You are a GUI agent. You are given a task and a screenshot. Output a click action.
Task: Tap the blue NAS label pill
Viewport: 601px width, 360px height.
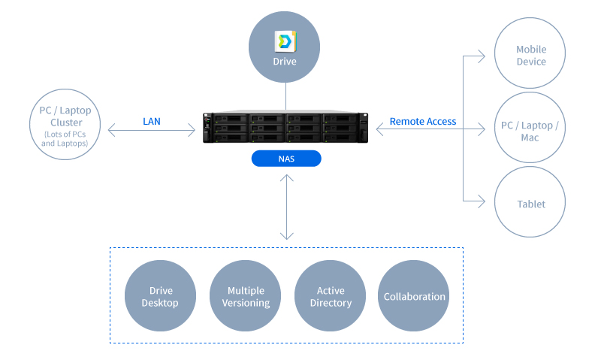pyautogui.click(x=285, y=159)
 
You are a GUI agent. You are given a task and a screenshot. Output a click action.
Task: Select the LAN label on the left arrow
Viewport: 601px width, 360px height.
pyautogui.click(x=152, y=121)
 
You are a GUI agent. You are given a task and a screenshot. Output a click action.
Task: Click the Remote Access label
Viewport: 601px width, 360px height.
pyautogui.click(x=423, y=121)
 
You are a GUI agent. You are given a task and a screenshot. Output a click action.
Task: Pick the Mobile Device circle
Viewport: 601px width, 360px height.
pyautogui.click(x=530, y=55)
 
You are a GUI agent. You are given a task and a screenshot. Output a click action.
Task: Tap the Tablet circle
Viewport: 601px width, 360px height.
pyautogui.click(x=530, y=204)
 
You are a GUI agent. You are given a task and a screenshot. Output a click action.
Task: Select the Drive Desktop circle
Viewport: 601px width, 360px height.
pyautogui.click(x=160, y=296)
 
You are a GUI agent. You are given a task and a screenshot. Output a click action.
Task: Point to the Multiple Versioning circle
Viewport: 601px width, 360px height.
pyautogui.click(x=245, y=296)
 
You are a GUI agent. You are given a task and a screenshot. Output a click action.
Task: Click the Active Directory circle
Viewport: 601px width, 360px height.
pyautogui.click(x=330, y=296)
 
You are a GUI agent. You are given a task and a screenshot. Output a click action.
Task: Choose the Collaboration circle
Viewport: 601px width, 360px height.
pyautogui.click(x=415, y=296)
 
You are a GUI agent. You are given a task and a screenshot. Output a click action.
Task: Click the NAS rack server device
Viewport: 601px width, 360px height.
pyautogui.click(x=285, y=128)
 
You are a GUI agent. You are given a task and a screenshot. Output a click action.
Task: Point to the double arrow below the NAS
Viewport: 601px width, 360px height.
pyautogui.click(x=285, y=207)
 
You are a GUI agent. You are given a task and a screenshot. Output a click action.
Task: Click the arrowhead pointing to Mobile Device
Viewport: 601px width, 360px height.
pyautogui.click(x=482, y=55)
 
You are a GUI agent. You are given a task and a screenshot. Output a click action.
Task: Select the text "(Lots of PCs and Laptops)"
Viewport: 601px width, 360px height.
pyautogui.click(x=65, y=139)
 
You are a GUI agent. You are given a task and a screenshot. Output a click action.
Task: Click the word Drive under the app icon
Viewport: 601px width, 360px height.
pyautogui.click(x=285, y=61)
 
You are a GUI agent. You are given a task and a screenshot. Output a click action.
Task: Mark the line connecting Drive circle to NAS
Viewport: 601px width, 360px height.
pyautogui.click(x=285, y=96)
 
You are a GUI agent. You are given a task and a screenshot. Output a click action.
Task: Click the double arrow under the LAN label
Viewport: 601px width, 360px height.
pyautogui.click(x=152, y=132)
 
